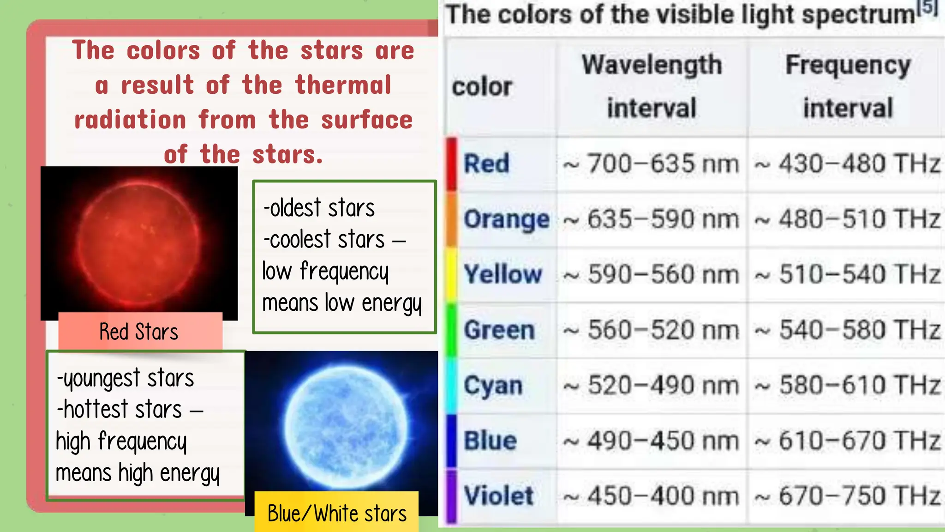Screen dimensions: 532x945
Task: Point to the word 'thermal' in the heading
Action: (343, 85)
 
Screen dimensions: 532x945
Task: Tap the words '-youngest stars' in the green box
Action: (126, 378)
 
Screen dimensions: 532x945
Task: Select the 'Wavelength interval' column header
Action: (652, 86)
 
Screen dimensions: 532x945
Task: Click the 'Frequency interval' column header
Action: (848, 86)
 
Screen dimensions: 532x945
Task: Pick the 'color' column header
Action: (482, 87)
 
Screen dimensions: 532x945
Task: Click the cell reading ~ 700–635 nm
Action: (651, 164)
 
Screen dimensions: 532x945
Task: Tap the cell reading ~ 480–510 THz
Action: (848, 219)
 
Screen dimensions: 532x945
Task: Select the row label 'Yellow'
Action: (502, 274)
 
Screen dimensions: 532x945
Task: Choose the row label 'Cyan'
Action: (493, 386)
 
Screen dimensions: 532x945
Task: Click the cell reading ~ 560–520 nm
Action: (651, 330)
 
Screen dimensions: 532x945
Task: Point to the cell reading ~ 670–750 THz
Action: (848, 496)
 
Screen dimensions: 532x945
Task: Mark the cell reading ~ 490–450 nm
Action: (651, 441)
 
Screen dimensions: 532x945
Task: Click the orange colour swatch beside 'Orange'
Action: (451, 219)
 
